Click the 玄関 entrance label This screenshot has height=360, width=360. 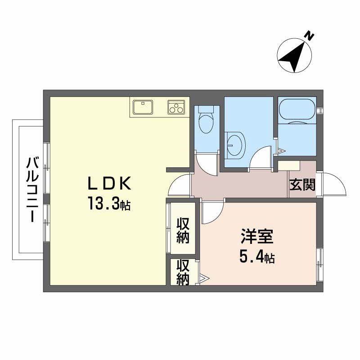click(x=302, y=184)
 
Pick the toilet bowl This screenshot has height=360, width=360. click(x=207, y=121)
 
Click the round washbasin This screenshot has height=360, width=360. click(x=234, y=145)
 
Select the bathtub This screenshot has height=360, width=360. click(x=297, y=112)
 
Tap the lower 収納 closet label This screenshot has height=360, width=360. click(x=182, y=273)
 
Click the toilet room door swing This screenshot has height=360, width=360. click(x=207, y=163)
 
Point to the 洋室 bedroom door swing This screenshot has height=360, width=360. click(x=211, y=212)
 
